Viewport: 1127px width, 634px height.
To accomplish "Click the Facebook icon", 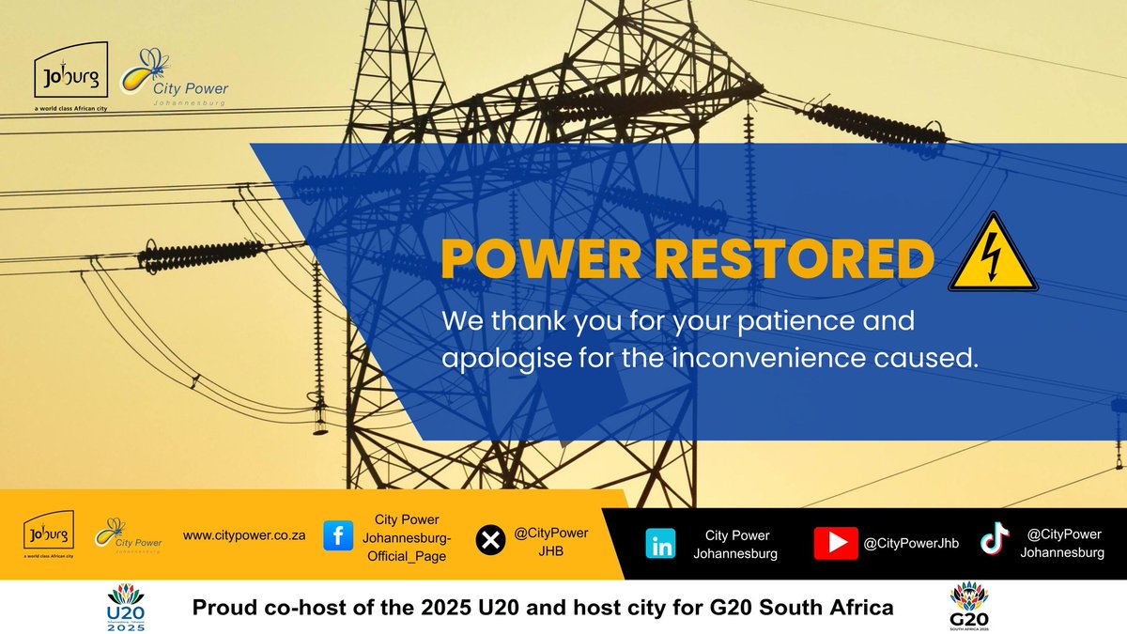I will tap(338, 537).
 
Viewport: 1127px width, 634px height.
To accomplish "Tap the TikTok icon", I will tap(994, 539).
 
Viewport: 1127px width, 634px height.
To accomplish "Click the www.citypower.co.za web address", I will tap(245, 535).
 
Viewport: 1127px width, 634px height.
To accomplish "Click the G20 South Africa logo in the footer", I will tap(969, 606).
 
